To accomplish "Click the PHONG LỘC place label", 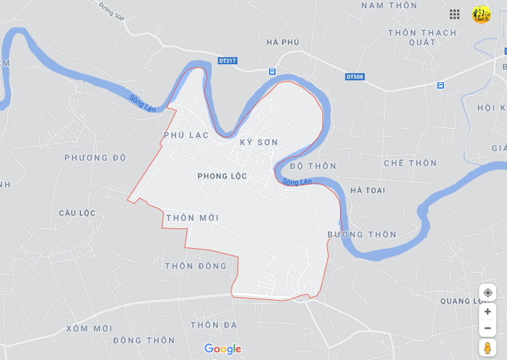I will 222,176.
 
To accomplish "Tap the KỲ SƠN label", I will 259,142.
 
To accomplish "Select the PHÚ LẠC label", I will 186,135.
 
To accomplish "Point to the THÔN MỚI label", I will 193,217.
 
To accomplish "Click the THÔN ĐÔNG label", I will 196,266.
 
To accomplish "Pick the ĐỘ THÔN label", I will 313,166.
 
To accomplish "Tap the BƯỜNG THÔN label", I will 362,234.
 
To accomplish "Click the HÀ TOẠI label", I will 368,190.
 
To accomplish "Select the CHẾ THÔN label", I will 410,163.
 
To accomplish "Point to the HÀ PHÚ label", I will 283,42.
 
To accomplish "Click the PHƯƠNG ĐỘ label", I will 95,157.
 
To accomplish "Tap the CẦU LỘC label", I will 78,213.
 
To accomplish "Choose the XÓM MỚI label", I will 89,328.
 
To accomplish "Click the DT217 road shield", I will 228,61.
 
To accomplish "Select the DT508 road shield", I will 354,77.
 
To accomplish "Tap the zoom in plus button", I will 488,312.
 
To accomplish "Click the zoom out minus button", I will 488,328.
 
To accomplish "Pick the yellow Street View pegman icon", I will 488,347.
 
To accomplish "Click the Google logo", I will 223,349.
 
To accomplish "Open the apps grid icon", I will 454,14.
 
